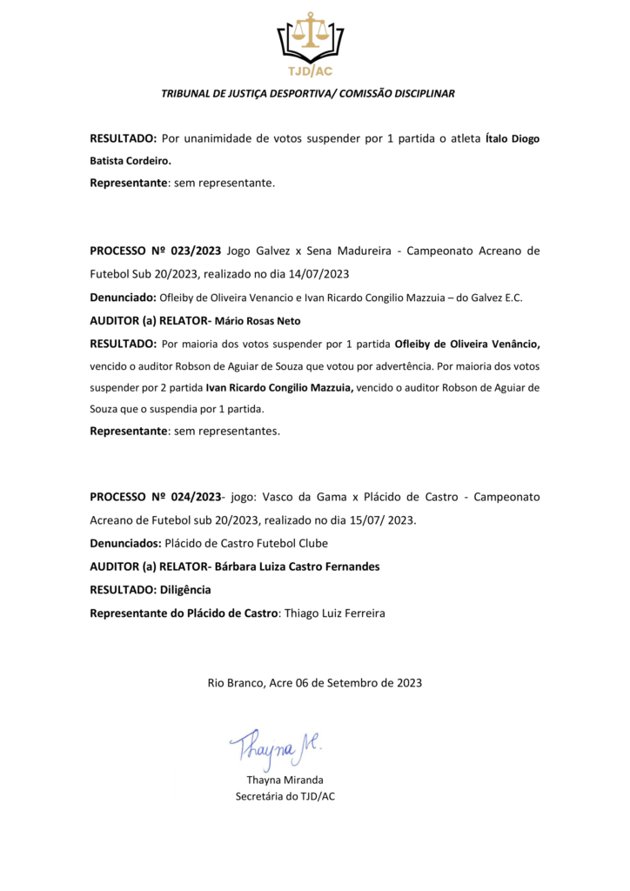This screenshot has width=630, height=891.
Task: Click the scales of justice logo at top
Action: (x=310, y=35)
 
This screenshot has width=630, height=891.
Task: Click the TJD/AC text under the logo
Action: (x=310, y=70)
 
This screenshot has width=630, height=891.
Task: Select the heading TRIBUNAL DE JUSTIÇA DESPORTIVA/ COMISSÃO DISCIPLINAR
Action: (x=309, y=93)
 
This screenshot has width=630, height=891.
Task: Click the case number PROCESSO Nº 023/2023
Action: (x=156, y=251)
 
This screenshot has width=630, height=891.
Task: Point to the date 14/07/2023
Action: (x=318, y=273)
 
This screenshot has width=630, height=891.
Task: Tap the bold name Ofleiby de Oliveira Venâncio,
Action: (x=467, y=343)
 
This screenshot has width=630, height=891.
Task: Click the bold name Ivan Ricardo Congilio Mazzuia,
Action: (x=278, y=387)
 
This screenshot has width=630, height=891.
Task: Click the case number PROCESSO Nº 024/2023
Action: (x=156, y=497)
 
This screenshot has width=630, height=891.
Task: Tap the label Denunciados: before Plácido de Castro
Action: (x=127, y=543)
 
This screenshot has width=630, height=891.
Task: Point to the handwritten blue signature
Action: (x=274, y=742)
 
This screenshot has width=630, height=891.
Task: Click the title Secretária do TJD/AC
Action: (x=285, y=795)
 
